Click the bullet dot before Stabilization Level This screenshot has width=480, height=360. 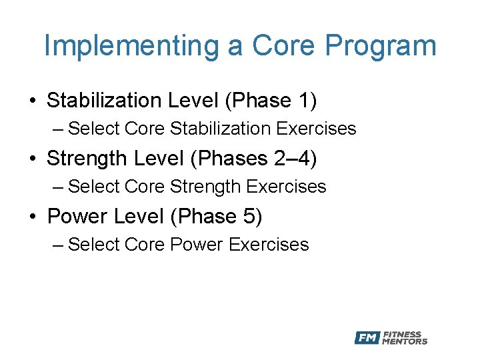33,101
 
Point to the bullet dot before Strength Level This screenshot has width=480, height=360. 33,159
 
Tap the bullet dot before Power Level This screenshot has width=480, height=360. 33,217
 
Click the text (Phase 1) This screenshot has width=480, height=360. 271,101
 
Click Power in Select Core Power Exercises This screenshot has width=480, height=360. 197,245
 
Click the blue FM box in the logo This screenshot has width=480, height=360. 367,337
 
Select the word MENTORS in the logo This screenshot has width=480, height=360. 405,341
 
